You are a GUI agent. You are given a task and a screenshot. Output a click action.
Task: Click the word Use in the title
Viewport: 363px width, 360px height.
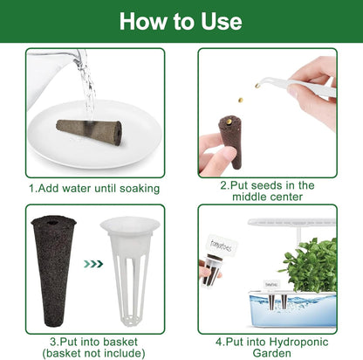[x=222, y=21]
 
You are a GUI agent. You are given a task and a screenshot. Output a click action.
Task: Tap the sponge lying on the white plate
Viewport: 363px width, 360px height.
[x=89, y=130]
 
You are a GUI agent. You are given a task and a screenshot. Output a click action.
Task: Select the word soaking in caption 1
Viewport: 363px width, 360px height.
[x=140, y=189]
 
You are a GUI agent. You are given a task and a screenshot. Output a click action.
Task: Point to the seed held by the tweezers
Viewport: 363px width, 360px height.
[x=257, y=86]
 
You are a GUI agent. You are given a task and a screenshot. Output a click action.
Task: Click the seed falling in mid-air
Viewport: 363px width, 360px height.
[x=240, y=100]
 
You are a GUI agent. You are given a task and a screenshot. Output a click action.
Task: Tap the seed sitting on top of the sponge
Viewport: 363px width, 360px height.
[x=229, y=121]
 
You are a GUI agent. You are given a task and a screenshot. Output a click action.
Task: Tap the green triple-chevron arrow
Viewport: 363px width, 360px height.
[x=93, y=264]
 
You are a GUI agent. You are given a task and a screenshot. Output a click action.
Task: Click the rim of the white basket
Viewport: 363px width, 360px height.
[x=130, y=224]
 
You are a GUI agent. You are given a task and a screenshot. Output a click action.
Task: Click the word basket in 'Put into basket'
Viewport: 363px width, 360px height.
[x=120, y=342]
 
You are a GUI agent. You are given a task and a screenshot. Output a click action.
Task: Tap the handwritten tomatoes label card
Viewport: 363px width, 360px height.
[x=221, y=246]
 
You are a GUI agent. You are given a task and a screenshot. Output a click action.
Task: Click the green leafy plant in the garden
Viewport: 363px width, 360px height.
[x=311, y=265]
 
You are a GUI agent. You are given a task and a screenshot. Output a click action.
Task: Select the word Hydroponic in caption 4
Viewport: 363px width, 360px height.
[x=299, y=342]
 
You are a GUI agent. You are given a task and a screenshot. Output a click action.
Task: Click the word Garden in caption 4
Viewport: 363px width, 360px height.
[x=271, y=353]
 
